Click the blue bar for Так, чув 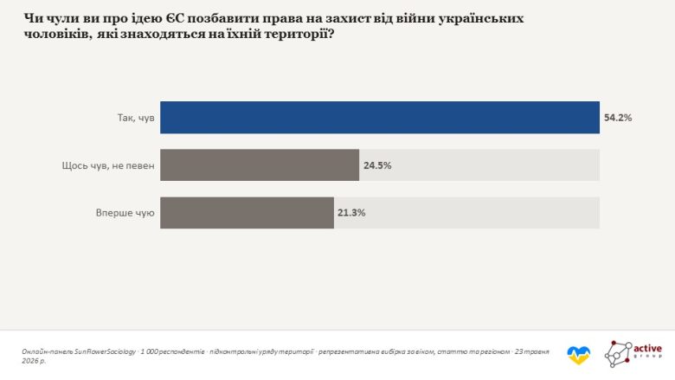coord(380,118)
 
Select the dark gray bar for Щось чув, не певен coord(260,165)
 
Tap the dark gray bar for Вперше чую coord(247,213)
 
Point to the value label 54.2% coord(618,118)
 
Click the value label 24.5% coord(377,165)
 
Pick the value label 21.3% coord(351,213)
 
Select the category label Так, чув coord(136,118)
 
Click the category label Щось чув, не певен coord(108,165)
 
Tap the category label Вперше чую coord(125,213)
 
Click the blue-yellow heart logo coord(579,355)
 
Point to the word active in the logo coord(647,348)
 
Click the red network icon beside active coord(618,354)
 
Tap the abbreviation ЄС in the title coord(175,18)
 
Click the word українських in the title coord(481,19)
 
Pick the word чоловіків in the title coord(56,34)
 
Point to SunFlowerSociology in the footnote coord(105,351)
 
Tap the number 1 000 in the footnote coord(149,351)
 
